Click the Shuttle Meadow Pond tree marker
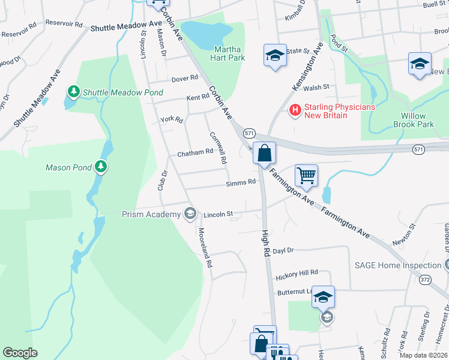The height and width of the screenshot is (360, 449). click(x=74, y=92)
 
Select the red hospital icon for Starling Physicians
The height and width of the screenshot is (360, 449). click(x=295, y=110)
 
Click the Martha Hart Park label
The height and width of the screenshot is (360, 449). click(x=228, y=53)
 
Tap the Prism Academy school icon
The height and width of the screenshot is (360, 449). click(x=190, y=214)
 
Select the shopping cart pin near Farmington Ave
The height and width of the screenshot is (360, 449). click(x=306, y=175)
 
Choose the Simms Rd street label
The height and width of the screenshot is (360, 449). click(x=241, y=183)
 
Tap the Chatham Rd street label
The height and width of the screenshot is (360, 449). click(x=194, y=152)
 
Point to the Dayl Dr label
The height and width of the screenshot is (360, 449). click(x=283, y=251)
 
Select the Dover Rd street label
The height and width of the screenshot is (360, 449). click(x=184, y=78)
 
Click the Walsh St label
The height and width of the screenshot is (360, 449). click(x=318, y=87)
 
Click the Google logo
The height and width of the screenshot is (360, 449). click(x=20, y=352)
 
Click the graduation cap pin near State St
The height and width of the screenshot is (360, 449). click(x=275, y=56)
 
